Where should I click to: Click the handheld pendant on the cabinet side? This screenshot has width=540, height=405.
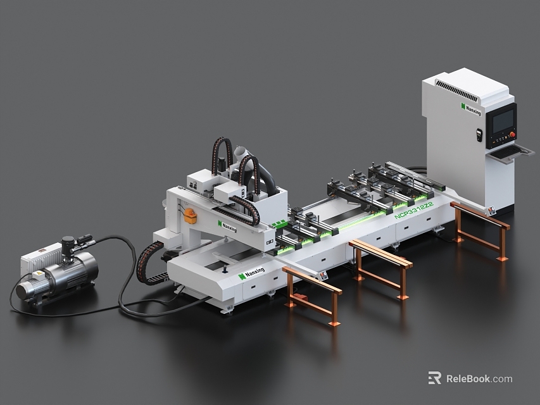[x=479, y=135]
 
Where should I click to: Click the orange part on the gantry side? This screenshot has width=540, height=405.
[x=189, y=216]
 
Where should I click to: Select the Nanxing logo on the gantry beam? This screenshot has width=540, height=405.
[x=227, y=226]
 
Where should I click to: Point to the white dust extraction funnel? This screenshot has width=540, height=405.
[x=240, y=153]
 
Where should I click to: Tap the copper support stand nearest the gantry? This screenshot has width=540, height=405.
[x=312, y=296]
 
